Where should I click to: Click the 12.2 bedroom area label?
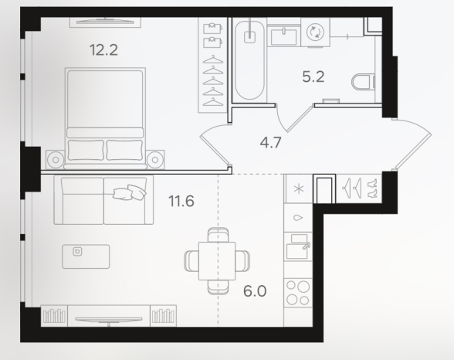coord(103,50)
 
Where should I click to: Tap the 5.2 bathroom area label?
coord(313,77)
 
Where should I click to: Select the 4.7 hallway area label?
coord(271,142)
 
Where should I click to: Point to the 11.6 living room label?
coord(181,201)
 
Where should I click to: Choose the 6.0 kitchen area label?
coord(255,291)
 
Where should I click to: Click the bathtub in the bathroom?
coord(249,59)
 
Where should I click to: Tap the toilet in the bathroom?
coord(364,82)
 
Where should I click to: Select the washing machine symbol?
coord(315,32)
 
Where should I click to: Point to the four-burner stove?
coord(298,293)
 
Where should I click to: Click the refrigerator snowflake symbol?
coord(299,189)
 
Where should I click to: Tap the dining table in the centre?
coord(217,260)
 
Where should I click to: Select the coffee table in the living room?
coord(86,256)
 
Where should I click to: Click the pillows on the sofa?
coord(130,192)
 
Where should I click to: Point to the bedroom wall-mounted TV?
coord(105,22)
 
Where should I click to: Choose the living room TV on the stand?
coord(109,320)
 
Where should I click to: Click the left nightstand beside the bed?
coord(56,159)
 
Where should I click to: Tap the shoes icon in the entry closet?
coord(372,188)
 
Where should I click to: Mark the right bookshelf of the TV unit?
coord(164,316)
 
